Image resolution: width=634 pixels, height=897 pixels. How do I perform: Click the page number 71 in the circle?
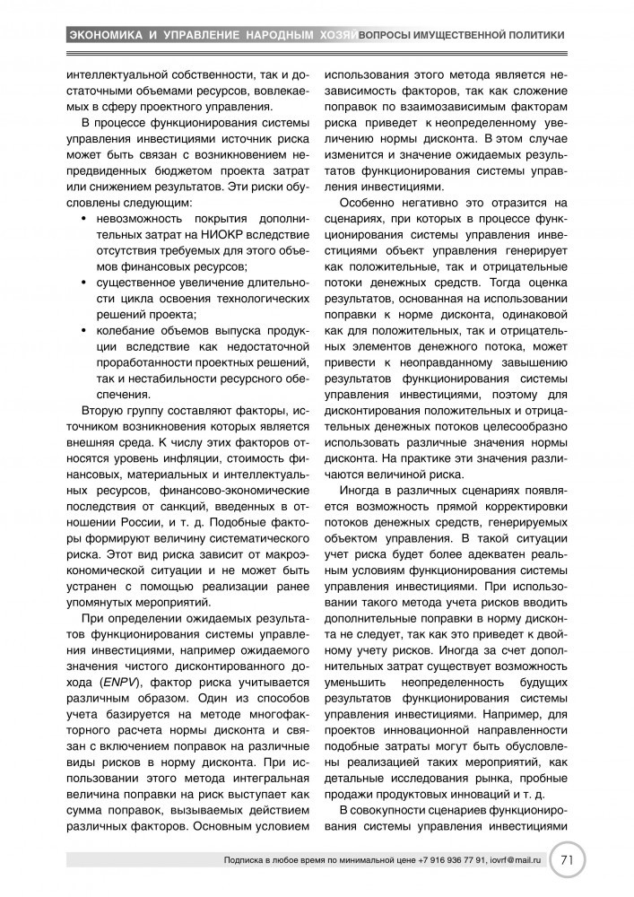click(x=566, y=859)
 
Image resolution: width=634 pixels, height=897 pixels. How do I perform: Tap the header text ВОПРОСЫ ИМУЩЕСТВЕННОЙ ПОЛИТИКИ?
click(x=461, y=35)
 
